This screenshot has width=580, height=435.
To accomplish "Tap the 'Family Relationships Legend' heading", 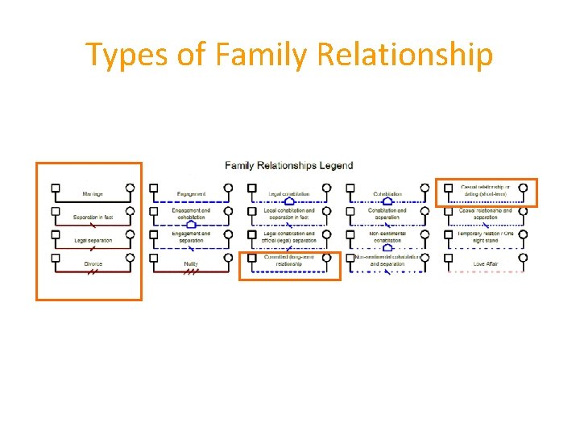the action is [288, 166].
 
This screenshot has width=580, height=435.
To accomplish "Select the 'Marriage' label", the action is [93, 194].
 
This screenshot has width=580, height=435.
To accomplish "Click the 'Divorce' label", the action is [93, 264].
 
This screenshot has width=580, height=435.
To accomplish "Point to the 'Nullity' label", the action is [191, 264].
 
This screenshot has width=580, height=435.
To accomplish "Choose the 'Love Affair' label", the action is [485, 264].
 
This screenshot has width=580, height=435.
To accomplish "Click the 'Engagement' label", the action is [191, 194].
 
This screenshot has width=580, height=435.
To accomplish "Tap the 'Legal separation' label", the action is [93, 241].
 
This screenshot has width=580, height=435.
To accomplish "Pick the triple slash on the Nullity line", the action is [191, 272].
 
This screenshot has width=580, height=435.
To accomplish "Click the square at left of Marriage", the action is [56, 188].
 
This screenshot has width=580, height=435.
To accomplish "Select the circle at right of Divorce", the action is [130, 258].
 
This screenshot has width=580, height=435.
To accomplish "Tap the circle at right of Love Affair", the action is [523, 258].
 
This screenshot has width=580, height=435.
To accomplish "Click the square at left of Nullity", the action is [154, 258].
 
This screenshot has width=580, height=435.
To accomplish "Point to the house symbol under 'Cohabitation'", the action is [387, 201].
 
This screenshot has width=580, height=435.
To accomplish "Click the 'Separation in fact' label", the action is [93, 217].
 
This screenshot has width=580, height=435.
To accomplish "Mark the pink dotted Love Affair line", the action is [485, 272].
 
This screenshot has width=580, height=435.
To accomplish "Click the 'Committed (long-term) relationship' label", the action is [288, 260].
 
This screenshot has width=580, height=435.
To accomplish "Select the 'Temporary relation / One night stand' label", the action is [485, 237].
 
